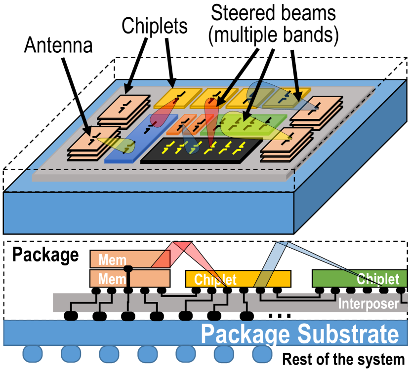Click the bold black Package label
click(45, 255)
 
